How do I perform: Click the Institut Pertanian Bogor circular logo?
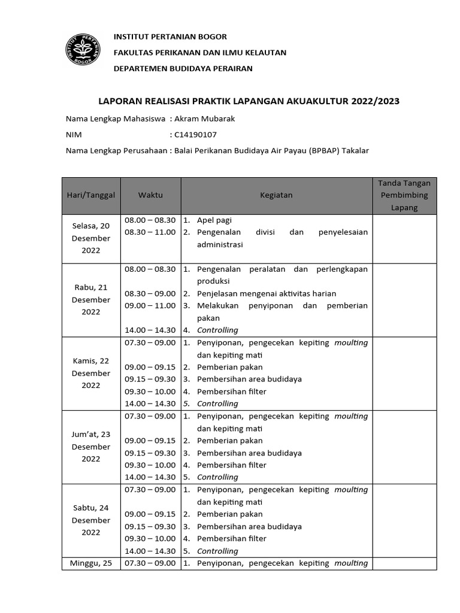click(x=83, y=51)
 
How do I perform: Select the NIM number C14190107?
click(x=195, y=135)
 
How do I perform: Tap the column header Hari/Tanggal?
click(x=91, y=195)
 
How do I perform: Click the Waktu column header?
click(x=150, y=195)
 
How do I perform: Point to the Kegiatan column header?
click(x=276, y=195)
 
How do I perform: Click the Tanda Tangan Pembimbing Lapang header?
click(x=404, y=195)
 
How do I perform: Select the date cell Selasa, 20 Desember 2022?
click(x=91, y=238)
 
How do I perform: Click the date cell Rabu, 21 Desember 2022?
click(x=91, y=299)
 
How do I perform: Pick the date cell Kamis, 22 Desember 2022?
click(x=91, y=373)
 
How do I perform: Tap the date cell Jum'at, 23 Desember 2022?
click(x=91, y=447)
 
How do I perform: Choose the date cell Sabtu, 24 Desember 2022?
click(x=91, y=520)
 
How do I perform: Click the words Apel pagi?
click(x=214, y=220)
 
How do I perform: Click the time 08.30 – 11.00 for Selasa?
click(x=150, y=232)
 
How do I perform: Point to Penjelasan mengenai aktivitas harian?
click(x=267, y=293)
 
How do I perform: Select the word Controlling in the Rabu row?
click(x=217, y=330)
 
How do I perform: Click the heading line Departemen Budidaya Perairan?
click(x=183, y=68)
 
